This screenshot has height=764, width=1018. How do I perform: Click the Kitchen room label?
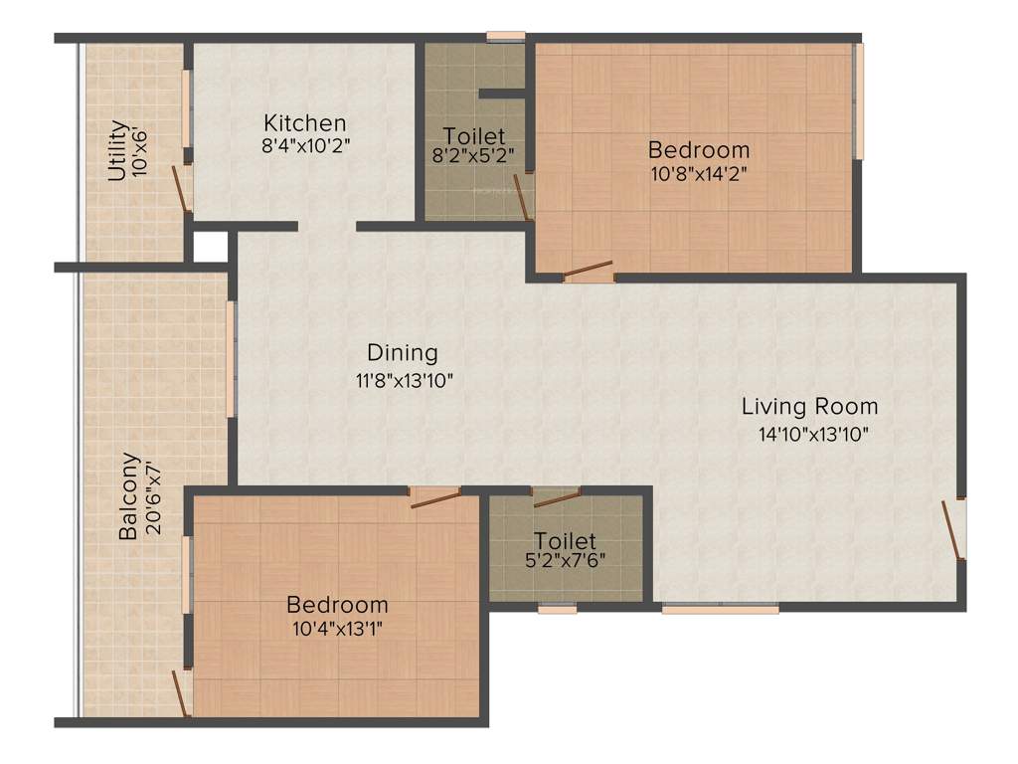[x=304, y=123]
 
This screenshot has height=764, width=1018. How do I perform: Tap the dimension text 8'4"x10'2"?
[x=304, y=144]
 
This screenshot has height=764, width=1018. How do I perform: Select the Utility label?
[x=117, y=150]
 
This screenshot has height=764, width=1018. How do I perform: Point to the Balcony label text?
[x=128, y=496]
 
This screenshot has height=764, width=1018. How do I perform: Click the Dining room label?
[x=402, y=353]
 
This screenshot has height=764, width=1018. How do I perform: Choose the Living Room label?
[x=809, y=406]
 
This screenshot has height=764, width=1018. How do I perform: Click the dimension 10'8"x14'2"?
[x=698, y=172]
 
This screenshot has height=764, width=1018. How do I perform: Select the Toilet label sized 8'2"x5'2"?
[x=473, y=135]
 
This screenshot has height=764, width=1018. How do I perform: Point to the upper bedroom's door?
[x=588, y=271]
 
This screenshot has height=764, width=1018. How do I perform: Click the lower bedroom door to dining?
[x=435, y=496]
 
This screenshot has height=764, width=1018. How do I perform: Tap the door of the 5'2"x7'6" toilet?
[x=556, y=496]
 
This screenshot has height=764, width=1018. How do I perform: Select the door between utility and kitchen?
[x=180, y=188]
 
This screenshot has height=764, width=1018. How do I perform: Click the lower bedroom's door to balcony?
[x=181, y=691]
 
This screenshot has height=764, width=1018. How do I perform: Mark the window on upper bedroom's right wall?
[x=860, y=99]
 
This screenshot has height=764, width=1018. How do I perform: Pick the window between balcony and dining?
[x=230, y=359]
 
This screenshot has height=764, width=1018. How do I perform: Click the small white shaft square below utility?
[x=210, y=247]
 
